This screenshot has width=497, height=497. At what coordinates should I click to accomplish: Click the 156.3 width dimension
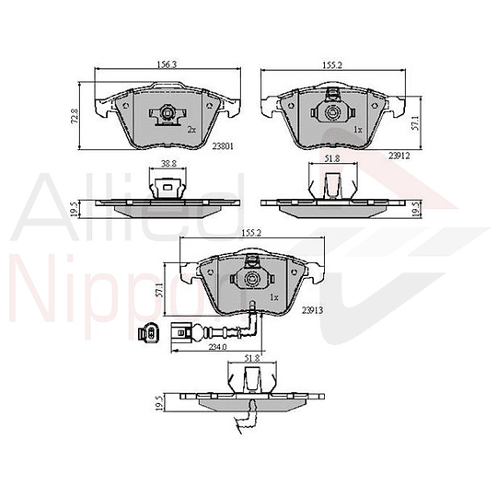pos(167,65)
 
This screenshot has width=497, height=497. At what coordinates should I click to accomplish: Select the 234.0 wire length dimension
pos(218,346)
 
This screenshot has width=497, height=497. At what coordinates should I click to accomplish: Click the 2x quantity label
pos(191,130)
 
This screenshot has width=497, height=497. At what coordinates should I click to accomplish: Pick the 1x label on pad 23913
pos(274,298)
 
